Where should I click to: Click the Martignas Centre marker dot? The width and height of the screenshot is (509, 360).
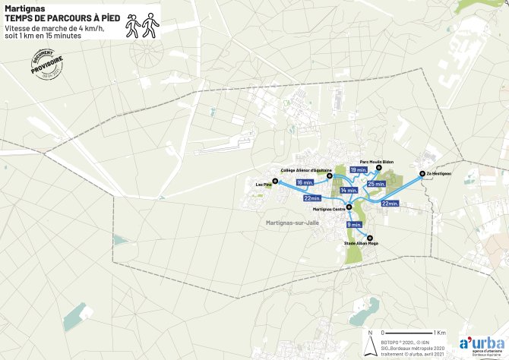[349, 206]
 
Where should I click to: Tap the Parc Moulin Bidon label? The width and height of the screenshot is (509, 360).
[376, 162]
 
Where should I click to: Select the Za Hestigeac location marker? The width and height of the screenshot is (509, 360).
[422, 174]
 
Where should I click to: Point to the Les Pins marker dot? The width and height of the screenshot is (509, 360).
[276, 181]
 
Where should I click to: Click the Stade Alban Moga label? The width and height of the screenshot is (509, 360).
[361, 243]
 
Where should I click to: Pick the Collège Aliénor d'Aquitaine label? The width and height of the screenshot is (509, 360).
[306, 170]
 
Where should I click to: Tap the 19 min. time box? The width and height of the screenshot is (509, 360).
[359, 171]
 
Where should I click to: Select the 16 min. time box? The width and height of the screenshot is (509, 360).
[305, 183]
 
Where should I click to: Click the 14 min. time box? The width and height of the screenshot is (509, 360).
[349, 190]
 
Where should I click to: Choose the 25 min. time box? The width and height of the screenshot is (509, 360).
[376, 184]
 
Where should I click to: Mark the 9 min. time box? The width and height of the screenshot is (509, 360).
[354, 225]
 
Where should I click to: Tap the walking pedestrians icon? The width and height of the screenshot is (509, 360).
[142, 27]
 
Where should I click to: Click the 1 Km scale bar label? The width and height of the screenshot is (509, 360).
[439, 333]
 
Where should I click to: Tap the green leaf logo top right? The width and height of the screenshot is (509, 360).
[479, 8]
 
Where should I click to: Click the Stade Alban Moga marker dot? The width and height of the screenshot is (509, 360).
[370, 238]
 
